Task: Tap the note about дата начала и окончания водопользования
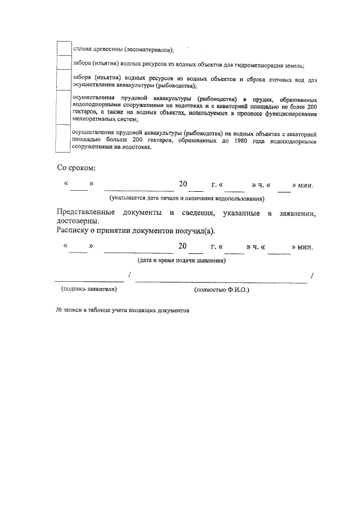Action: (187, 198)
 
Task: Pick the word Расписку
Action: (74, 231)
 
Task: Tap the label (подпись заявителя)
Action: (88, 289)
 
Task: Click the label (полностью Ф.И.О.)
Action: (221, 289)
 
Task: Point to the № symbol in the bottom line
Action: (59, 310)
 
